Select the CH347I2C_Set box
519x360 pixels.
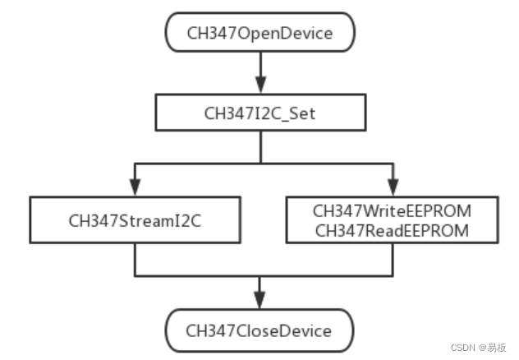click(259, 113)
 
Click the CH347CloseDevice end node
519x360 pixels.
click(259, 331)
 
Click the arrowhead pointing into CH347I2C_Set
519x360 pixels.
click(259, 85)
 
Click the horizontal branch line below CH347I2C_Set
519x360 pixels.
click(197, 162)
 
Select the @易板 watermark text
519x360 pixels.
click(495, 348)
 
